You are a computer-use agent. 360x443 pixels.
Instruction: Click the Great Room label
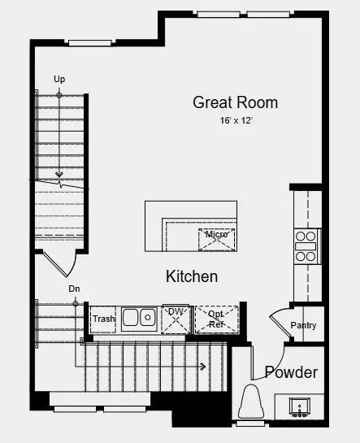(x=235, y=102)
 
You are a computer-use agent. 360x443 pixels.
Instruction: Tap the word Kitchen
(x=192, y=276)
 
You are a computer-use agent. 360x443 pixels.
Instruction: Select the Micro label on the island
(x=216, y=235)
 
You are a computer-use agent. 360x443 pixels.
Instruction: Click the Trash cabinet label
(x=103, y=319)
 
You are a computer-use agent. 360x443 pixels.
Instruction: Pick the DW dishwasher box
(x=175, y=319)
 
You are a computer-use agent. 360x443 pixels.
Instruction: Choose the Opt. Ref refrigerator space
(x=216, y=319)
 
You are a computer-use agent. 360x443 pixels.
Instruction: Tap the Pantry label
(x=303, y=326)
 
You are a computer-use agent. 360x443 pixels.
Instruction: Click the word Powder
(x=291, y=372)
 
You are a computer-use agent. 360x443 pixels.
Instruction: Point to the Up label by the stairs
(x=59, y=79)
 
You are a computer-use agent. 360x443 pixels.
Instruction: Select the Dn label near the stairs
(x=74, y=289)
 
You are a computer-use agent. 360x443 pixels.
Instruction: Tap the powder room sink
(x=298, y=406)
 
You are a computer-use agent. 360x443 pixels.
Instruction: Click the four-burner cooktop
(x=306, y=245)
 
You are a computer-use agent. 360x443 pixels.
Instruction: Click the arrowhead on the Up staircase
(x=59, y=174)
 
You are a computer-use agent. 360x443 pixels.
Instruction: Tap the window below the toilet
(x=251, y=423)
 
